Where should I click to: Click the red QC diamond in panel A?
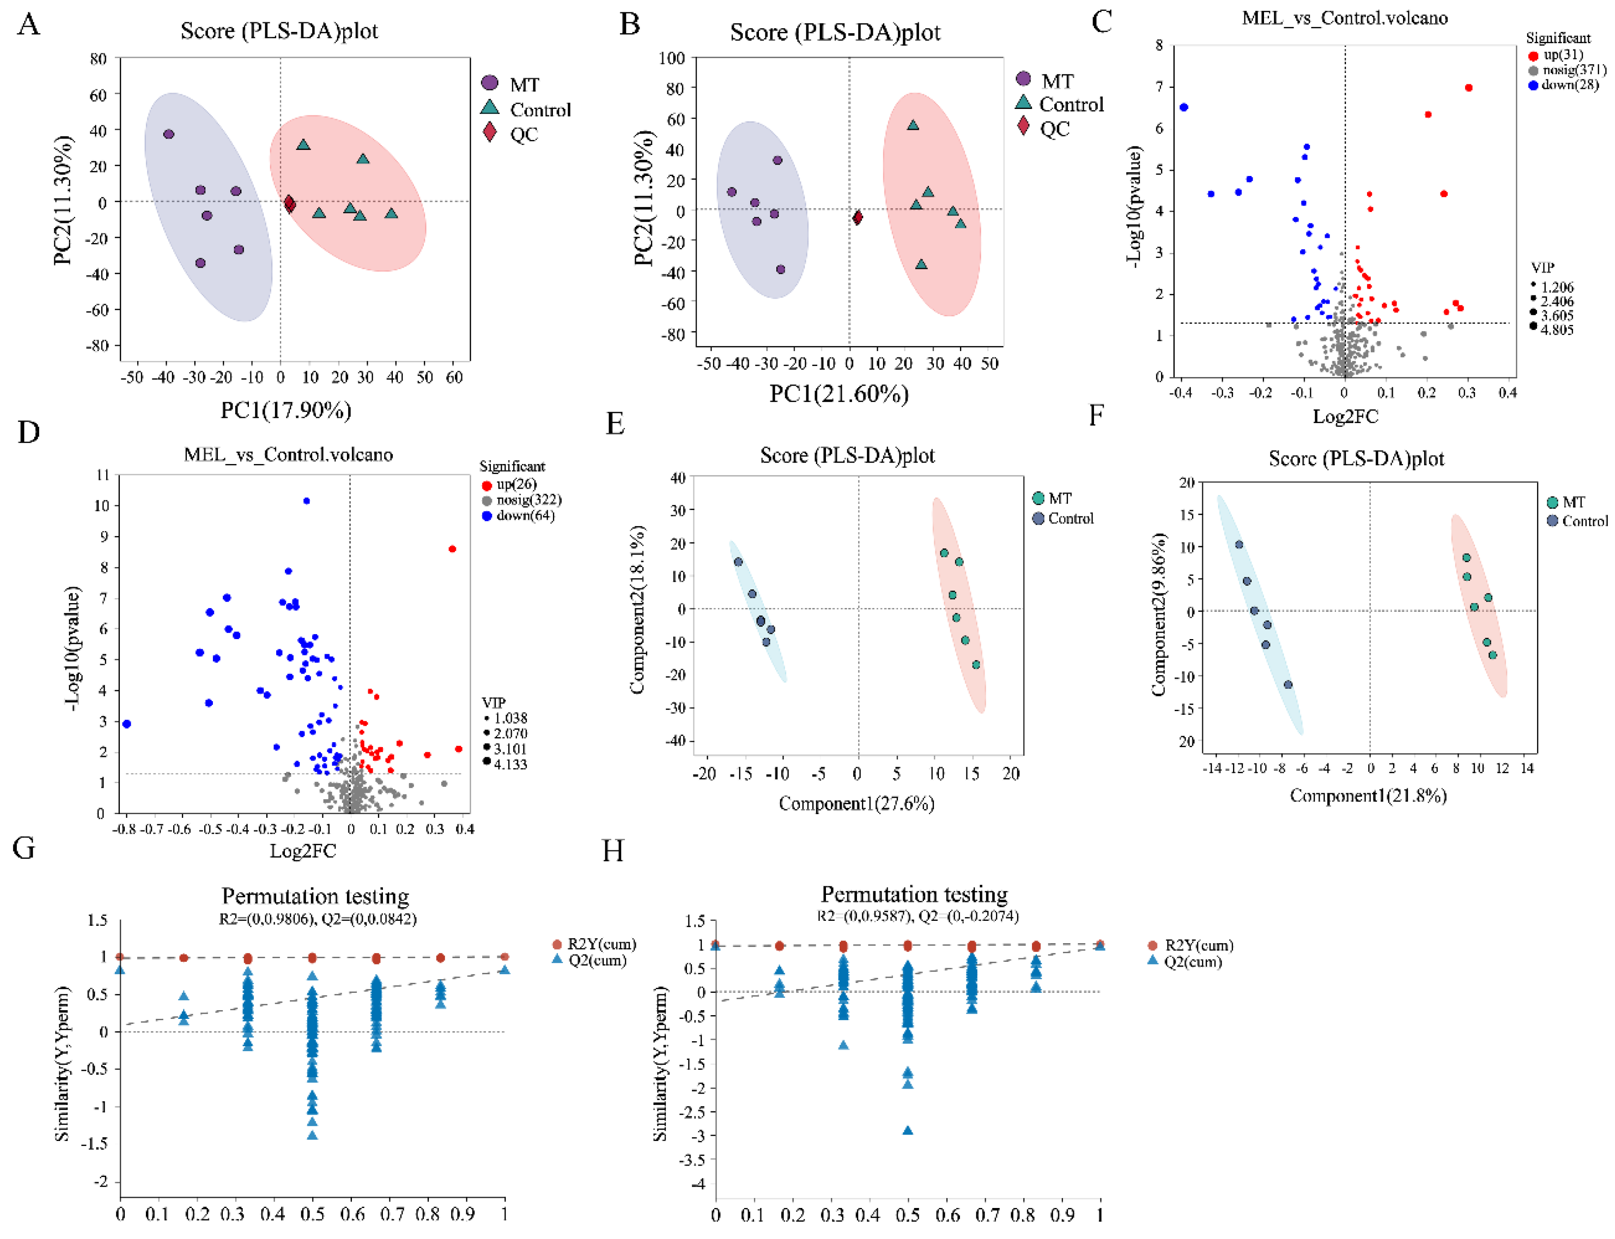pos(290,204)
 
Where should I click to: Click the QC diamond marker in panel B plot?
pos(857,217)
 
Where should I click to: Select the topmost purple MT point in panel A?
pos(169,134)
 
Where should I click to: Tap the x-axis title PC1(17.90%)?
pos(286,410)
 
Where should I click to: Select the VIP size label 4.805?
pos(1556,330)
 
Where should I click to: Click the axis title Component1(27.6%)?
pos(856,803)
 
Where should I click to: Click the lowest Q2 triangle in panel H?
pos(908,1131)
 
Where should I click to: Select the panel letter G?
pos(24,848)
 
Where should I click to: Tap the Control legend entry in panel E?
pos(1070,518)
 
